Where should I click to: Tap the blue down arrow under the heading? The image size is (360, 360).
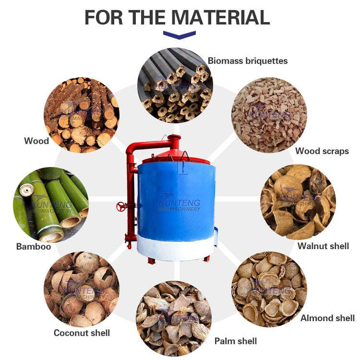(x=180, y=35)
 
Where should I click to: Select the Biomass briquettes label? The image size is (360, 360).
(x=247, y=61)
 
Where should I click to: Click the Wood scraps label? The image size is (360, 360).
(x=322, y=151)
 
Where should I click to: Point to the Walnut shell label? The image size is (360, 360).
(x=323, y=246)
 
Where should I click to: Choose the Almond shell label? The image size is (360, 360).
(x=327, y=318)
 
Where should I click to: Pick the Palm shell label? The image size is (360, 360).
(x=235, y=341)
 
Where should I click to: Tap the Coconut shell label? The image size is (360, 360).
(x=82, y=333)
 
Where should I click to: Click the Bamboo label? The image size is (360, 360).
(x=33, y=247)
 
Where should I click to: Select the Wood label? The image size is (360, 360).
(x=36, y=141)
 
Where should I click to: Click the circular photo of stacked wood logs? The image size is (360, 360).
(x=81, y=115)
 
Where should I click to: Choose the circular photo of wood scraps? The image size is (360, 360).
(x=269, y=115)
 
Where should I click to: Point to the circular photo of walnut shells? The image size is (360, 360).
(x=298, y=201)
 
